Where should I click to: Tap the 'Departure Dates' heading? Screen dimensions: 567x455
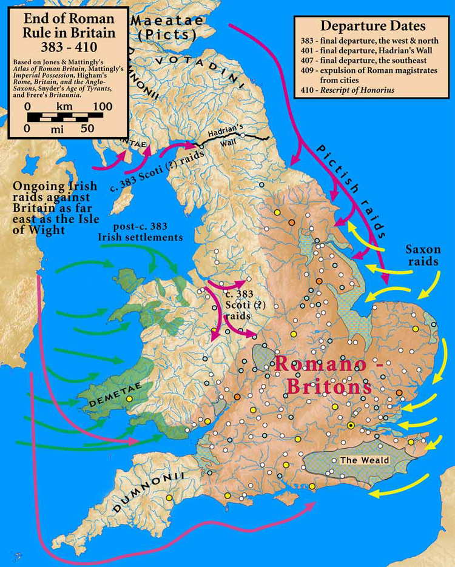pos(372,26)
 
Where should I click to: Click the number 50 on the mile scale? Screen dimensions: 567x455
pos(87,129)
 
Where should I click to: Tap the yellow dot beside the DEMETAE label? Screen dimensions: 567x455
pos(129,398)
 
